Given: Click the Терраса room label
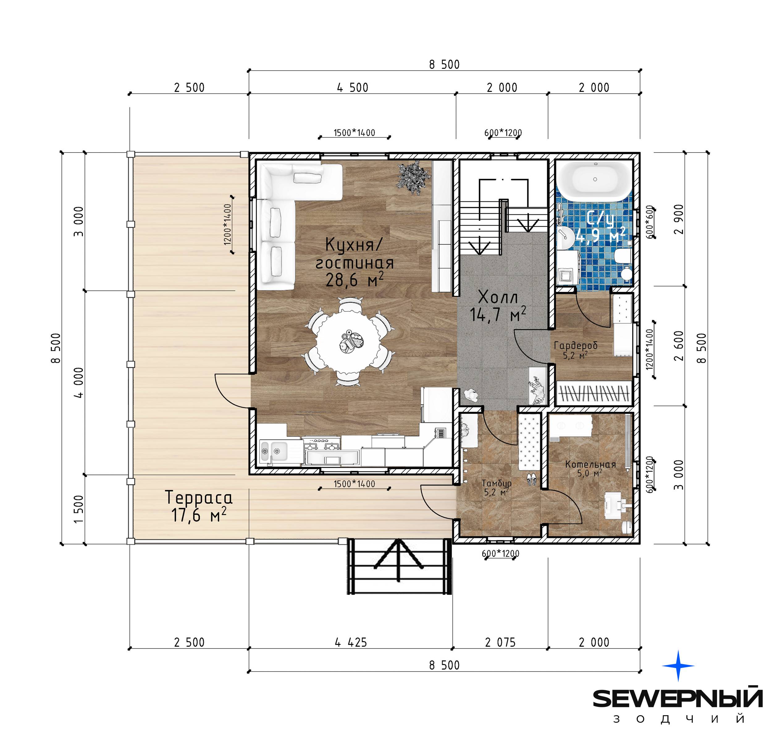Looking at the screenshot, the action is (x=199, y=498).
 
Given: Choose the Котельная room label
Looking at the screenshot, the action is (x=590, y=464).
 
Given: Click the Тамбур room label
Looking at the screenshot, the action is (x=496, y=483).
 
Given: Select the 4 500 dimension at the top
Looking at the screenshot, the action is (x=353, y=88).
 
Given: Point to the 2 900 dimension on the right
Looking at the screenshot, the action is (x=679, y=219).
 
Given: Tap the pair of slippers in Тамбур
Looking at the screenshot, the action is (x=531, y=479).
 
